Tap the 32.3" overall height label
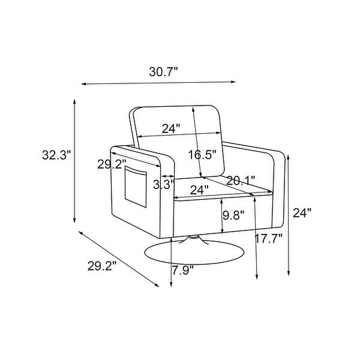click(56, 156)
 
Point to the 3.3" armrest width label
click(163, 184)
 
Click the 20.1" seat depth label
click(241, 180)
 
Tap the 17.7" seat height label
click(268, 238)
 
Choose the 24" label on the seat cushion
click(199, 190)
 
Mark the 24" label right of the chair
click(303, 213)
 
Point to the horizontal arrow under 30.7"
click(158, 83)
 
